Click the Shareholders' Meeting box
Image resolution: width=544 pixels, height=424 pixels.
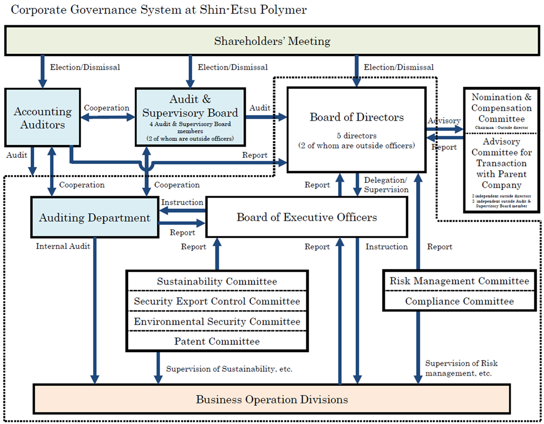(272, 41)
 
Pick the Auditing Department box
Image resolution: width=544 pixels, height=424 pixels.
(95, 218)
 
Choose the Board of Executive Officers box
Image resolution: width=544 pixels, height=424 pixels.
(307, 217)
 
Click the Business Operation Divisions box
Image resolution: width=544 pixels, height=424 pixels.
(272, 399)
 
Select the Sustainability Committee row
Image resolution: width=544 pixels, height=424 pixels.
(217, 281)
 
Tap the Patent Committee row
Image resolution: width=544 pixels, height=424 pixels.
(217, 341)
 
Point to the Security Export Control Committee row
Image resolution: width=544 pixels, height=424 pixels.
(217, 301)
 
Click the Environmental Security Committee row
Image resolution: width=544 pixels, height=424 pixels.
(217, 321)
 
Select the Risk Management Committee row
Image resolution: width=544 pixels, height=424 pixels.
(459, 281)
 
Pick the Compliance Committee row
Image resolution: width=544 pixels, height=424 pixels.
(459, 301)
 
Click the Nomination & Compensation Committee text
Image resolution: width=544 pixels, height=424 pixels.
(501, 108)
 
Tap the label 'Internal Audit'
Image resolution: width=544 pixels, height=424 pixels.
(63, 246)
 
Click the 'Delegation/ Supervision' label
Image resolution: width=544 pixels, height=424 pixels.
(386, 185)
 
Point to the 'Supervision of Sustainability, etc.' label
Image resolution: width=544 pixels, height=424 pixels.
(229, 369)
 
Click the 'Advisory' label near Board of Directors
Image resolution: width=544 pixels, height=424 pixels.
(444, 121)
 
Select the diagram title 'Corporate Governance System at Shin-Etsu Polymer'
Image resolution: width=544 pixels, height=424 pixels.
(158, 10)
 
